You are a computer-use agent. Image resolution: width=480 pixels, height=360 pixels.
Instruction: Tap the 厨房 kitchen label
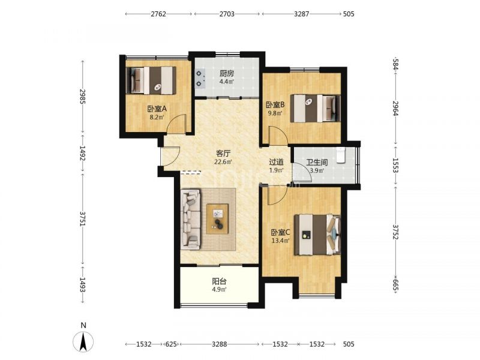227,73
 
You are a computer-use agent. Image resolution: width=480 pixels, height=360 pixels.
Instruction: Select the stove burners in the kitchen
200,79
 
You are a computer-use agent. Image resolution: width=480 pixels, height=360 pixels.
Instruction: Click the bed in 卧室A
151,80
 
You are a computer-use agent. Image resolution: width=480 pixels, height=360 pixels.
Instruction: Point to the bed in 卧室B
316,109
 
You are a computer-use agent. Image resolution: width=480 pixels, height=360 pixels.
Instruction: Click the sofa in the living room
190,218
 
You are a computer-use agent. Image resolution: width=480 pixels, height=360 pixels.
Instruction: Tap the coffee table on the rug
217,219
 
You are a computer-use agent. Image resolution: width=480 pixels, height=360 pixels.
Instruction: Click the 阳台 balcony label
220,281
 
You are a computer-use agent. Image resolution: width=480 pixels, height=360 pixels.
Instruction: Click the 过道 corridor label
276,162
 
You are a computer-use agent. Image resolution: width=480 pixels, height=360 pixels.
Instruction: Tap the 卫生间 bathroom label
317,162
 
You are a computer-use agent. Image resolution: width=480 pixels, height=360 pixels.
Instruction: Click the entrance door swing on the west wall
171,157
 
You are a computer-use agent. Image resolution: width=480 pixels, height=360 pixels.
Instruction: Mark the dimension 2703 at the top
227,14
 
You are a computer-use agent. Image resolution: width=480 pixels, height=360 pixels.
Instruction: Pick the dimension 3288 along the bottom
220,344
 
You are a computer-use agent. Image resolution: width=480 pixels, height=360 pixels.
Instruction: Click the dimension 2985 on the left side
82,97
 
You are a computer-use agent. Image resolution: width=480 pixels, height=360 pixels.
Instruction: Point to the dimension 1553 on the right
396,166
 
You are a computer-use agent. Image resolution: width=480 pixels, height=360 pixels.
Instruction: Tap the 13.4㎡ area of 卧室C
280,241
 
